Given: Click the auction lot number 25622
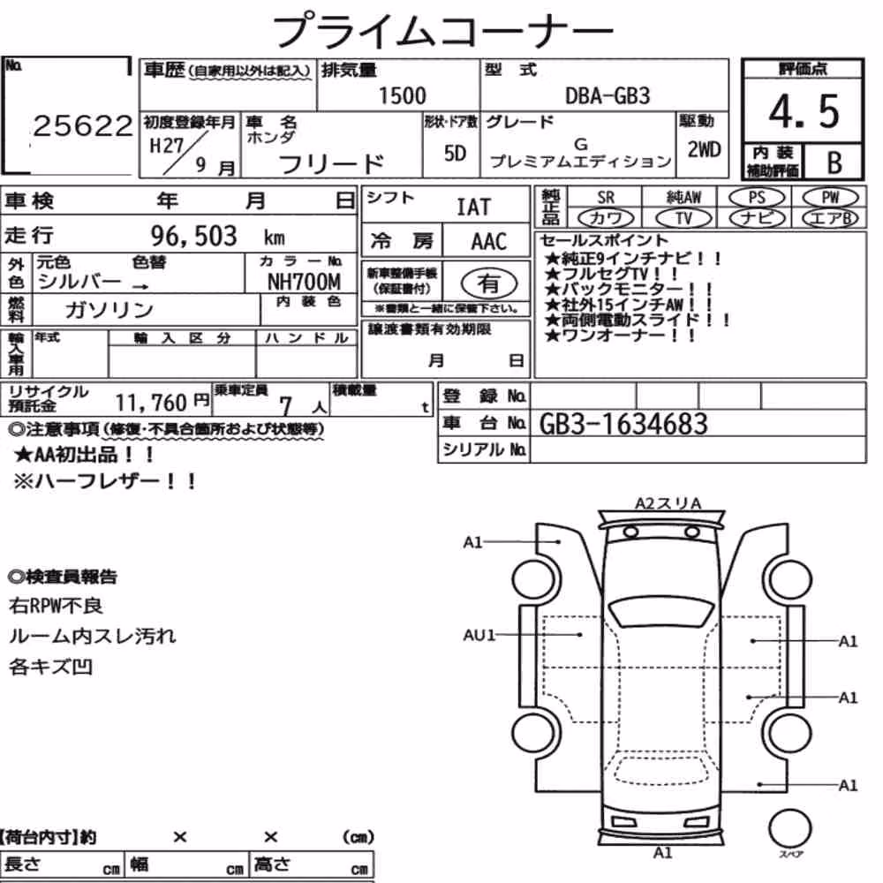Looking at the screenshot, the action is pos(82,125).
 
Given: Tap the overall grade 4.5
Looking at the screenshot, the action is pos(804,111).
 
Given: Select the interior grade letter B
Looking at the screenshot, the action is pos(834,162).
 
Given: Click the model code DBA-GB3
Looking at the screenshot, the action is pos(608,95).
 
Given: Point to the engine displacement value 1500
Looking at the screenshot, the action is pos(402,95).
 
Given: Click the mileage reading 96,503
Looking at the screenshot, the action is pos(193,236).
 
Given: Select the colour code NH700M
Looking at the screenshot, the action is pos(304,281).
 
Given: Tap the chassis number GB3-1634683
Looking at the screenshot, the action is pos(623,424).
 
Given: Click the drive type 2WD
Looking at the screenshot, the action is pos(704,149).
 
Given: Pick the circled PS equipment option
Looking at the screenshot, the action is pos(757,198).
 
